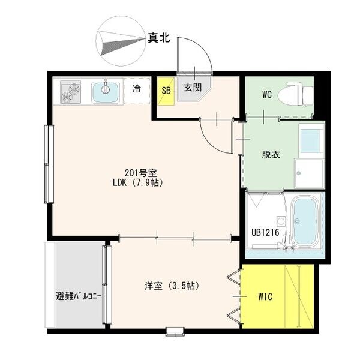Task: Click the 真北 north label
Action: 158,38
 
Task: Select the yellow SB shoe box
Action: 166,91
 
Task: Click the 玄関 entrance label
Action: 193,87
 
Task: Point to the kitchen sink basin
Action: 106,92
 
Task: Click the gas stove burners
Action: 71,92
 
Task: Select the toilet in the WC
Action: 296,94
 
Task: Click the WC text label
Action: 267,94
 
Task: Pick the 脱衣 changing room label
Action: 271,155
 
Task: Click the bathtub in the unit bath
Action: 305,221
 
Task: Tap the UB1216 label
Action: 265,233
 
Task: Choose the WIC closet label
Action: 265,296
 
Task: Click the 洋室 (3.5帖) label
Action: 172,286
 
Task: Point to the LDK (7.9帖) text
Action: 138,182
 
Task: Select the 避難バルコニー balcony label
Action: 79,296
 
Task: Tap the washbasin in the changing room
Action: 311,141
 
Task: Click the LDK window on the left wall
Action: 49,164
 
